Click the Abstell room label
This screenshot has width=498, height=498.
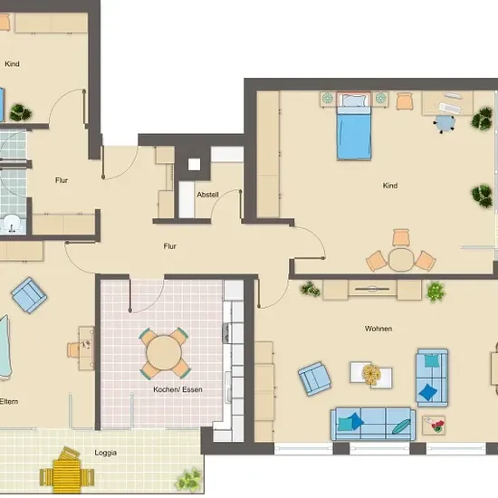point(207,195)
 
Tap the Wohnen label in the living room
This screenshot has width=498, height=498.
point(378,329)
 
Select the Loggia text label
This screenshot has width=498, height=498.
point(105,453)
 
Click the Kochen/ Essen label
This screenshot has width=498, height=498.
point(177,389)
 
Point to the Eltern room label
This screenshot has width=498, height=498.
point(8,401)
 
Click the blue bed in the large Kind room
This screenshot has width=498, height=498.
point(354,127)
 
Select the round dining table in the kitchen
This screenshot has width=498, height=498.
point(164,352)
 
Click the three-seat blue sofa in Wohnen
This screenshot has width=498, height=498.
point(373,424)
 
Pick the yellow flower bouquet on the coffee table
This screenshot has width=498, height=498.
point(371,375)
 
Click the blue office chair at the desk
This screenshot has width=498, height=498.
point(445,123)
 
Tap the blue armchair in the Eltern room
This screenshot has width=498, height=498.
point(29,295)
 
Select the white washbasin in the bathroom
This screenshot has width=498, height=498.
point(11,223)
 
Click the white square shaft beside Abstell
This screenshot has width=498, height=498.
point(194,165)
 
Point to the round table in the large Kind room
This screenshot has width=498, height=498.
point(401,259)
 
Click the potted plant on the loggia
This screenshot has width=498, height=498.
point(188,479)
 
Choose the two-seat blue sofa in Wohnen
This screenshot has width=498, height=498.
point(432,378)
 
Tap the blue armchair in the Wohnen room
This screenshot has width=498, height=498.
point(314,378)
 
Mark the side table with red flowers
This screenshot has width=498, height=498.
point(434,425)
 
